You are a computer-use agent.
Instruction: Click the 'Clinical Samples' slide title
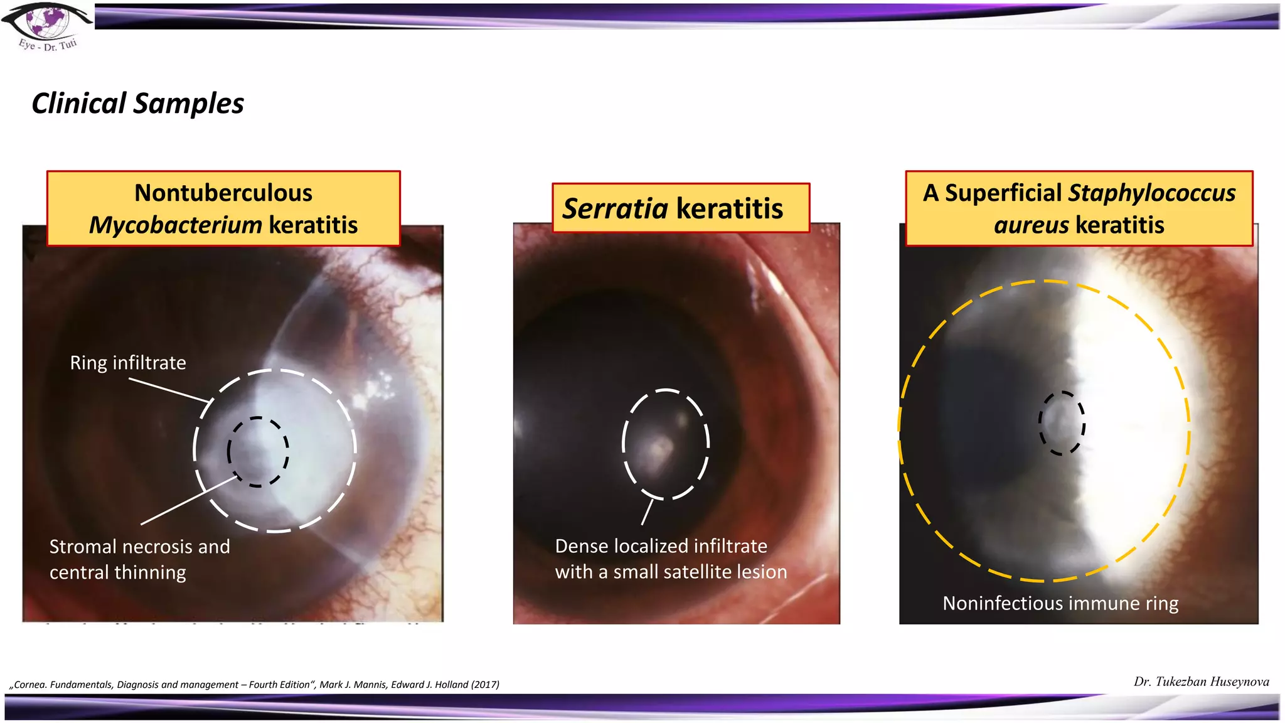[x=137, y=104]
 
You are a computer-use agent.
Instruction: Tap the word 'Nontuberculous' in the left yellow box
[x=223, y=193]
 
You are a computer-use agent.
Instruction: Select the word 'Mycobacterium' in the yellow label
[x=175, y=225]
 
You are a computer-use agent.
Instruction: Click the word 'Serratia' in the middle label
[x=615, y=208]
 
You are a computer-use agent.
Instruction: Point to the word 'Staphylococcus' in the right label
[x=1151, y=193]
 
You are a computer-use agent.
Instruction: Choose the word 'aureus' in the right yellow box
[x=1031, y=225]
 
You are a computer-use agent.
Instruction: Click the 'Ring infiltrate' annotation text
[x=128, y=363]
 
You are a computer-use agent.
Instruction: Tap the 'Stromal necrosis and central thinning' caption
[x=139, y=559]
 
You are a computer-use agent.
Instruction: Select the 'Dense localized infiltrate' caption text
[x=661, y=546]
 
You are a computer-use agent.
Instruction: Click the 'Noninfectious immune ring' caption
[x=1060, y=603]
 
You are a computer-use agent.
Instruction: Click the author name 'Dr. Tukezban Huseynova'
[x=1201, y=682]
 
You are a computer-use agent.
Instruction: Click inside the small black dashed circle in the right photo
[x=1061, y=423]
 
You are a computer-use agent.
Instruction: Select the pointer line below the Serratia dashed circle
[x=648, y=511]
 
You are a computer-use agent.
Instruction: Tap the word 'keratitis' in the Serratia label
[x=730, y=208]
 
